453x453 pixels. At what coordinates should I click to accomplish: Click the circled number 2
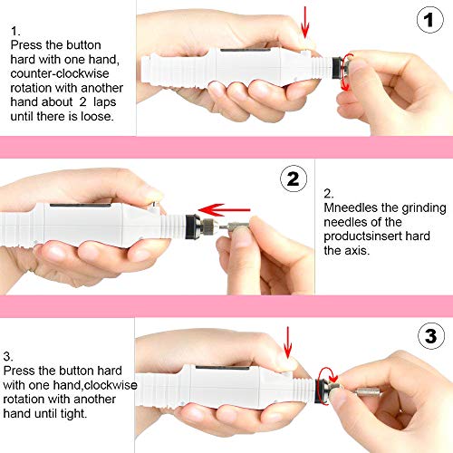pyautogui.click(x=291, y=178)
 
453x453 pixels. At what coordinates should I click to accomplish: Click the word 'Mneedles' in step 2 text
pyautogui.click(x=352, y=207)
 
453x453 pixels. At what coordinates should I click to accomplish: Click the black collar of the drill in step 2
pyautogui.click(x=193, y=222)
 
